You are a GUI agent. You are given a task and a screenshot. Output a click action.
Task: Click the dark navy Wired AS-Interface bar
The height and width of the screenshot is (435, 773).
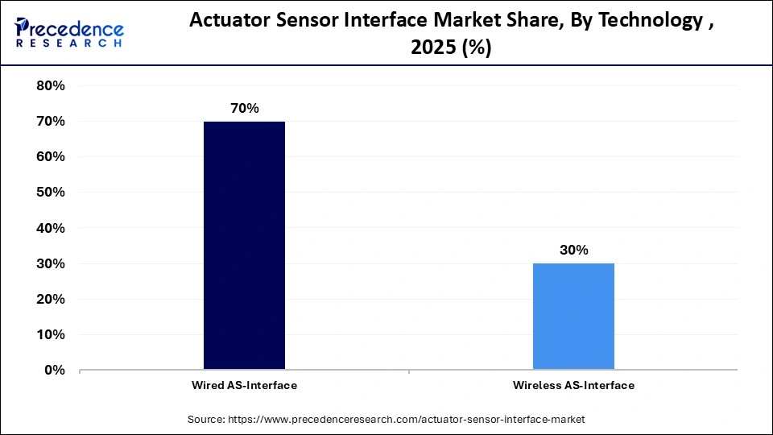point(244,245)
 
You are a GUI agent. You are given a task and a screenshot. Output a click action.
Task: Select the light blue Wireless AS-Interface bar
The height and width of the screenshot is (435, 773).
point(573,316)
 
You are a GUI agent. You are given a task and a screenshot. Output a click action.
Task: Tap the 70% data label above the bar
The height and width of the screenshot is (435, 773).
point(244,108)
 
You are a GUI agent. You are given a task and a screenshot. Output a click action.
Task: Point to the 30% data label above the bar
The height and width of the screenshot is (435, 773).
point(573,250)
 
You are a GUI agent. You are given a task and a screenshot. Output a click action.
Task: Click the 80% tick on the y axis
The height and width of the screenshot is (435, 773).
point(51,85)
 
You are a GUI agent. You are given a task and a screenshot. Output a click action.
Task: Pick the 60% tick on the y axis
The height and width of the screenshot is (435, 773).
point(51,156)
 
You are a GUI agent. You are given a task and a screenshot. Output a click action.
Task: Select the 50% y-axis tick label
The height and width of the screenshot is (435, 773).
point(51,193)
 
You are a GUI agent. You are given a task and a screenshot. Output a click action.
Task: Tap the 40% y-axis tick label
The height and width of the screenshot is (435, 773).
point(51,228)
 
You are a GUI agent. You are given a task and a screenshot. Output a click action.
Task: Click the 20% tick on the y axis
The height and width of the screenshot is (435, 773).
point(51,299)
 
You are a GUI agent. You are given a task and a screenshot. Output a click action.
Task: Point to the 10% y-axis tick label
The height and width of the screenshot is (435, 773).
point(51,334)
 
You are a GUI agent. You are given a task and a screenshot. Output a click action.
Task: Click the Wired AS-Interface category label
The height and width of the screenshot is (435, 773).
point(244,385)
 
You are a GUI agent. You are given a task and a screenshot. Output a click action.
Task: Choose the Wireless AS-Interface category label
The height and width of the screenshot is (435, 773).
point(573,385)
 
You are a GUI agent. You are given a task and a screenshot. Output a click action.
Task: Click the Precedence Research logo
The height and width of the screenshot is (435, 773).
point(69,32)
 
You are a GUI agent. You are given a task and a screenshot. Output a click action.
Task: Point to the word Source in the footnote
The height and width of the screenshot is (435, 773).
point(207,419)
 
